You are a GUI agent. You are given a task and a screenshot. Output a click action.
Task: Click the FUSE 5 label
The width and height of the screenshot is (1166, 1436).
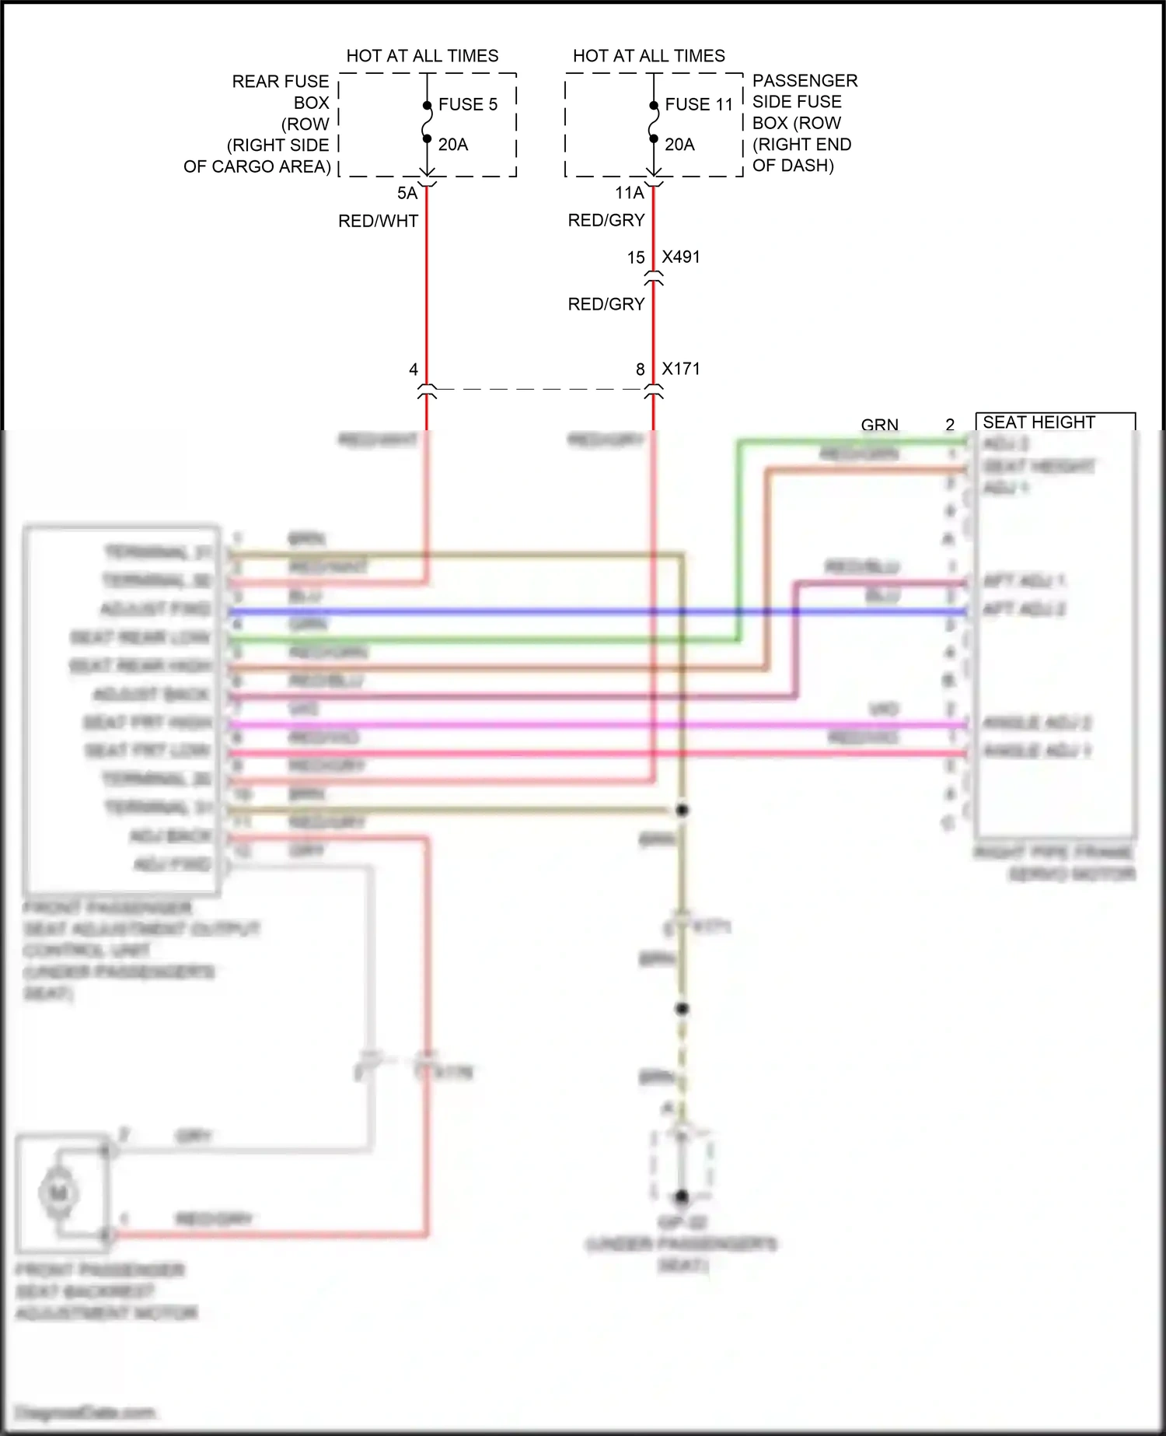point(467,104)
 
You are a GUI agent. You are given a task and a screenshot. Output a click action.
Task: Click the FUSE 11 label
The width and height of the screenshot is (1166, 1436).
point(698,104)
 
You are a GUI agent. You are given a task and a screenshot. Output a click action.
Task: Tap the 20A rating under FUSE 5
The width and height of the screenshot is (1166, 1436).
point(453,145)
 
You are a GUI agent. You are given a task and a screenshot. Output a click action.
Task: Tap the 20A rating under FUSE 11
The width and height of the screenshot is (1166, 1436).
point(679,145)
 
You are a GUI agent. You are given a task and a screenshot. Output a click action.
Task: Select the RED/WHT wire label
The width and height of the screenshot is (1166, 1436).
point(378,221)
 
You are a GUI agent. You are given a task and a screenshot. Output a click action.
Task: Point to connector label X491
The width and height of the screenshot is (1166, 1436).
point(681,257)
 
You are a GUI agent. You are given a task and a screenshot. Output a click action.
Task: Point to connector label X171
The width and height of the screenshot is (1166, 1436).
point(681,369)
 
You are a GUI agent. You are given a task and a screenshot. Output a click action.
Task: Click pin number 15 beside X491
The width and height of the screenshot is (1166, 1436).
point(636,257)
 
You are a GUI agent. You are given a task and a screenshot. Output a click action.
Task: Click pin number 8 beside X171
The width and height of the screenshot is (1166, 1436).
point(641,370)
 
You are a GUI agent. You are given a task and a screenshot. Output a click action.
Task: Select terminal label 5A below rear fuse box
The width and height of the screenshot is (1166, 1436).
point(407,193)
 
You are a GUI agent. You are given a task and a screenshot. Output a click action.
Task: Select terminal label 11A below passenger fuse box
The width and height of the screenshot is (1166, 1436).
point(630,193)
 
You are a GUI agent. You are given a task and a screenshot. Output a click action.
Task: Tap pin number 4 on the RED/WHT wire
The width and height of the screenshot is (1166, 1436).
point(414,370)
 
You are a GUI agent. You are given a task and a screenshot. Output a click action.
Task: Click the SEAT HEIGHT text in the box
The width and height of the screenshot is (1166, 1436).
point(1039,422)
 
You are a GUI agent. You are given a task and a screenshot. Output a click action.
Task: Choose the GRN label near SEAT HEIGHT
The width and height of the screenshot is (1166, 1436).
point(879,425)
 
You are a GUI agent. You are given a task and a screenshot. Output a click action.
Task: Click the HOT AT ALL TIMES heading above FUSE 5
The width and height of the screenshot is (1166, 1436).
point(422,56)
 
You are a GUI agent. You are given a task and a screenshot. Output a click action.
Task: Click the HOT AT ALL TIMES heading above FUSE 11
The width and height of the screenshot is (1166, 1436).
point(648,56)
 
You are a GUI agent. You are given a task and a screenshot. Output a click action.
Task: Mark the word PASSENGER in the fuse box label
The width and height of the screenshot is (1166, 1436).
point(805,81)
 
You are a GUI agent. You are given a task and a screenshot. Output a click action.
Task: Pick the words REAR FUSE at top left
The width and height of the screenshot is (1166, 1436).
point(281,82)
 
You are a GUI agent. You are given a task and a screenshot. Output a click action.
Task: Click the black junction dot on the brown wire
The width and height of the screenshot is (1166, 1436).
point(682,810)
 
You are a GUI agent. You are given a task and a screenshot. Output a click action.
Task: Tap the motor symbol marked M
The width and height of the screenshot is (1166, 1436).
point(58,1193)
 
